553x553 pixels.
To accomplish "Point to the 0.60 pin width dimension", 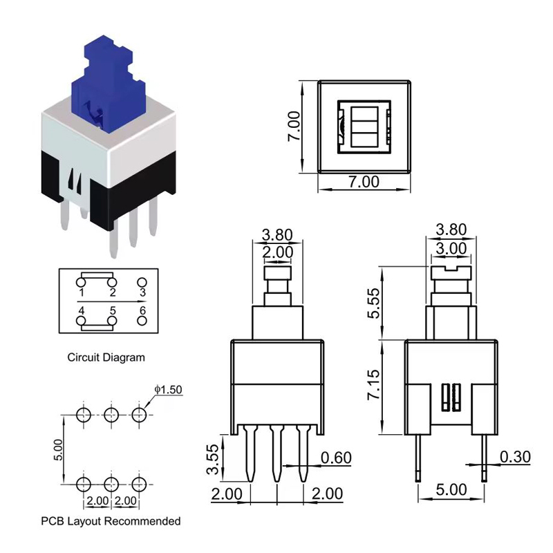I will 338,457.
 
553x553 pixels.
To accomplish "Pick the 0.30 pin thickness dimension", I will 515,457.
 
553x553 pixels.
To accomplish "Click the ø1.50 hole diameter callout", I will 168,390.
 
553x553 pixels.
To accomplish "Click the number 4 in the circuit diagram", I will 82,311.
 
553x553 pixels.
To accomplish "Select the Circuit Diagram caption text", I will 106,357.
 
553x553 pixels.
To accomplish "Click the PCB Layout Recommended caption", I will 111,521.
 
